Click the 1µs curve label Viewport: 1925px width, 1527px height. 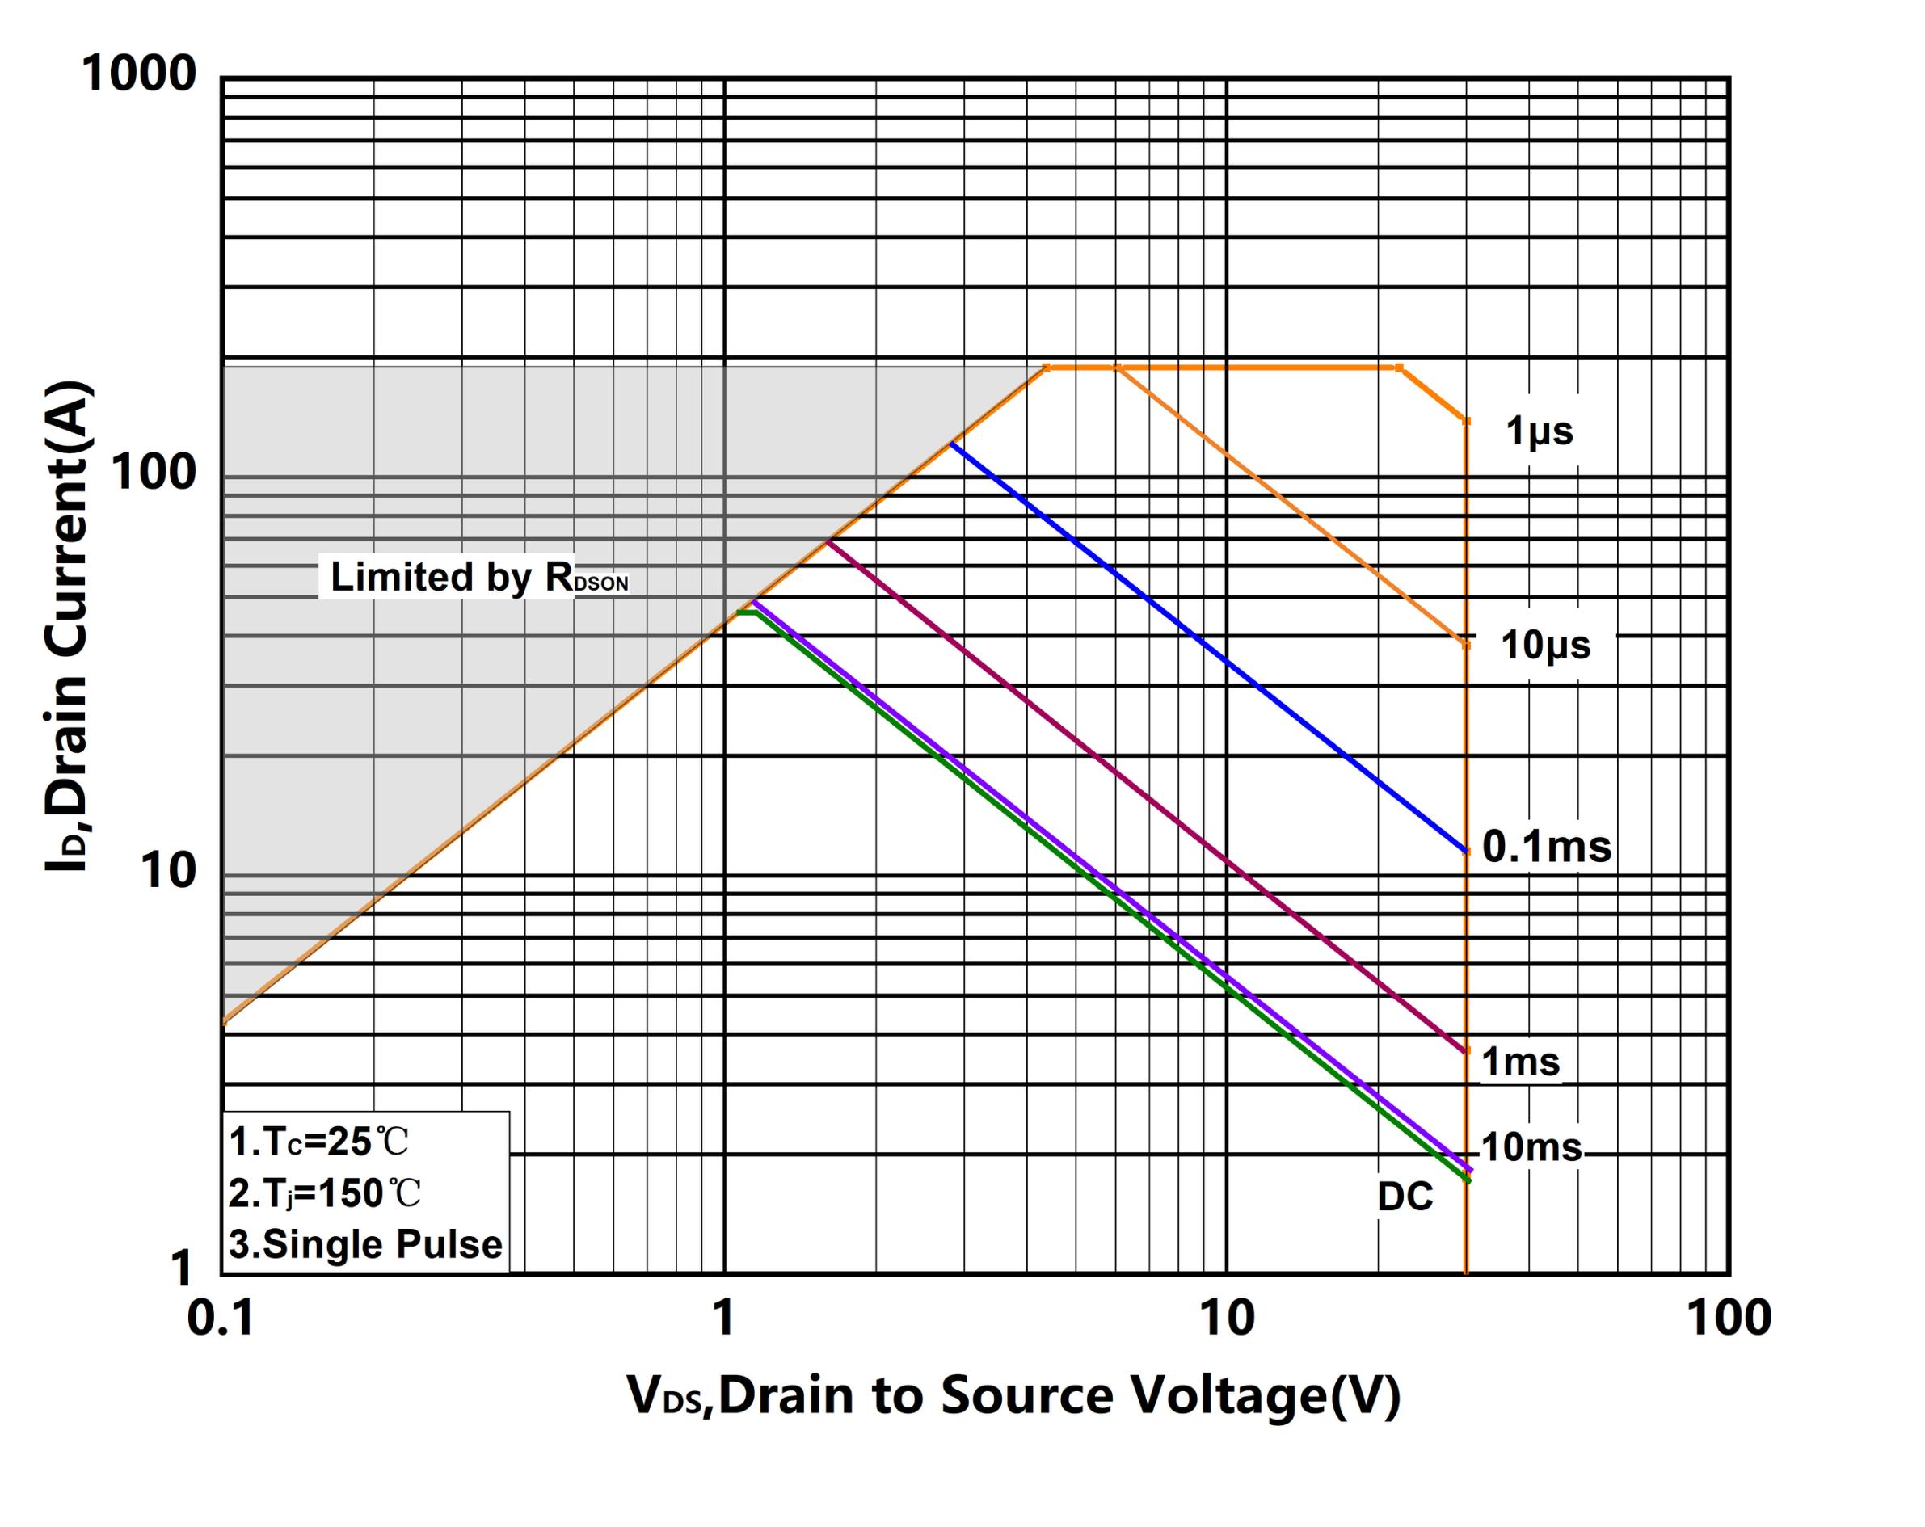1539,431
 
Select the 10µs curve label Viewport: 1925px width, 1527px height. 1544,645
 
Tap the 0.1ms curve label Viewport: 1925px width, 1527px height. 1547,846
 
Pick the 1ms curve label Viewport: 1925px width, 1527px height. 1521,1062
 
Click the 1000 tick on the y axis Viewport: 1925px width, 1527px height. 138,74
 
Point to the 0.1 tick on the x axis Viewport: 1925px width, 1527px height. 221,1319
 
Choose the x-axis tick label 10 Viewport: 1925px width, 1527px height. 1227,1319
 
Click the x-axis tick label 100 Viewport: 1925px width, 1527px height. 1729,1319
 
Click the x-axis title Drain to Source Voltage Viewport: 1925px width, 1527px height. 1013,1396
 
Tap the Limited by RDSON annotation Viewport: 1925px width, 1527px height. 478,578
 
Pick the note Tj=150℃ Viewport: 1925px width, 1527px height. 324,1193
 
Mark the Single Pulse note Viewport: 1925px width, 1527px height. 365,1244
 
